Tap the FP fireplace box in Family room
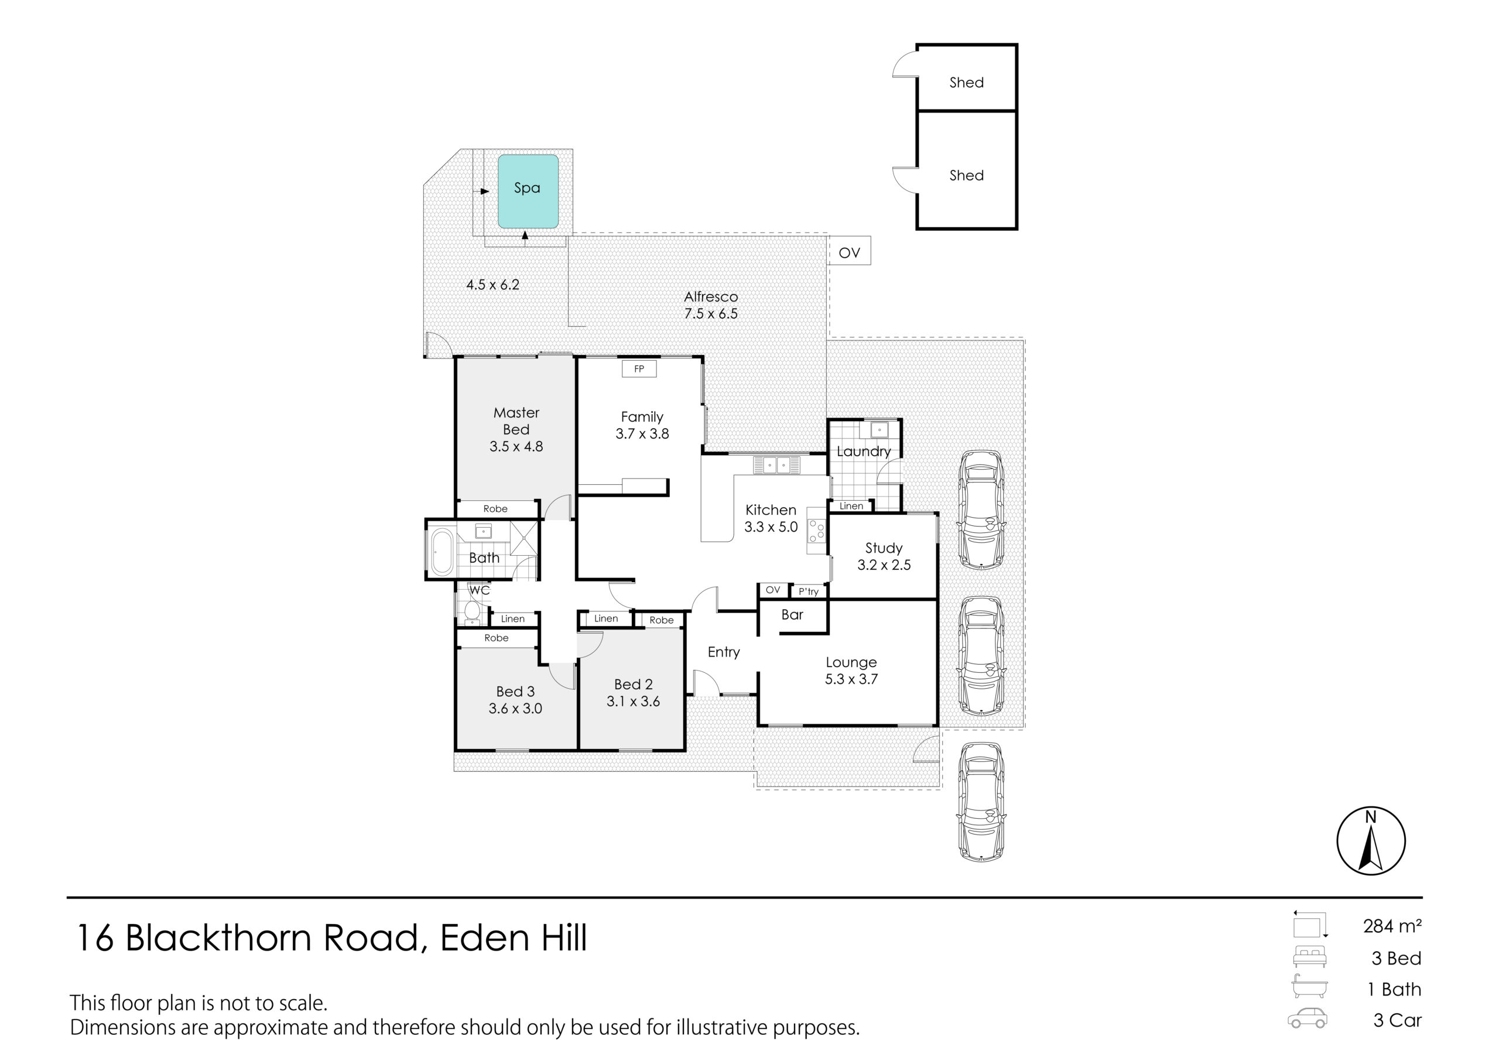coord(639,369)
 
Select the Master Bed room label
coord(516,421)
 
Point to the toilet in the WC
coord(471,611)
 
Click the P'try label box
coord(808,591)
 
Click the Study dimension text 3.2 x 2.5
coord(884,565)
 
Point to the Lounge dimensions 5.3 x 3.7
coord(851,679)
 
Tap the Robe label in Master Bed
coord(495,509)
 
